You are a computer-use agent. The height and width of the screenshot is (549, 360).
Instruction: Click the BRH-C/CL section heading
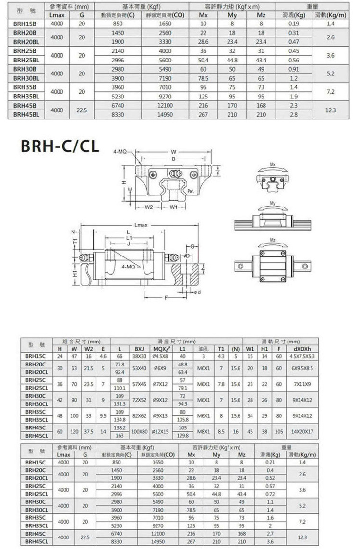[59, 146]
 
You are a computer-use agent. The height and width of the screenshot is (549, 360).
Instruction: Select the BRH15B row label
[25, 23]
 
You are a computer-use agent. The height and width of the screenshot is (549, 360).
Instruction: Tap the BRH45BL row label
[27, 115]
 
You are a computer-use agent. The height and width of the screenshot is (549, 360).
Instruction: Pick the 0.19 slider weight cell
[294, 23]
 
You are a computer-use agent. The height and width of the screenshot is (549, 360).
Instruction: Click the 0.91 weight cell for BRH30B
[294, 69]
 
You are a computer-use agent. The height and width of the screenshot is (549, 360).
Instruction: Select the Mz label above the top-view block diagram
[273, 240]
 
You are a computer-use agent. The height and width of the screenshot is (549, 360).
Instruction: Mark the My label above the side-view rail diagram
[273, 202]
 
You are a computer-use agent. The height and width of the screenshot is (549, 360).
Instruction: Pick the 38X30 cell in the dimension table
[140, 356]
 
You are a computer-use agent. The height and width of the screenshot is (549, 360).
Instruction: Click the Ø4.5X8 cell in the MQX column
[159, 356]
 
